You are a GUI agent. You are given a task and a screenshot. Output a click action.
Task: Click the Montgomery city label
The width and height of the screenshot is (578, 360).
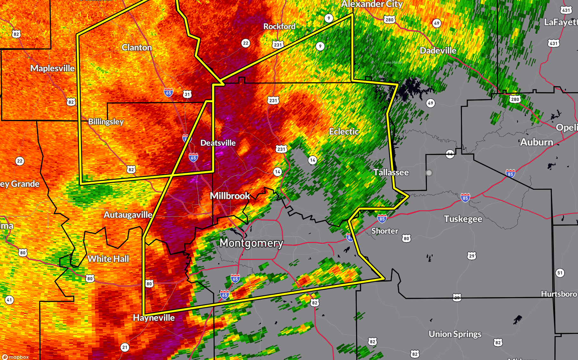[x=251, y=243]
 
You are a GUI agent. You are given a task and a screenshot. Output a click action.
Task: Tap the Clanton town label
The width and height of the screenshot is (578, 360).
[x=137, y=48]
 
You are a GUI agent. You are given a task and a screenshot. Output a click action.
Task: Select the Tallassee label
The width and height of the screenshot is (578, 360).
[x=391, y=173]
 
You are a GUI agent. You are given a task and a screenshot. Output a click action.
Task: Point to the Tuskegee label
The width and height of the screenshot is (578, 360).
[x=463, y=219]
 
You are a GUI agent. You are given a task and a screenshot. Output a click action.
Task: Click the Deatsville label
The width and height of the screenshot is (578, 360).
[x=218, y=143]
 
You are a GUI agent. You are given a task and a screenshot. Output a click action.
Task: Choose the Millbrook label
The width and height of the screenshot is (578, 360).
[x=230, y=196]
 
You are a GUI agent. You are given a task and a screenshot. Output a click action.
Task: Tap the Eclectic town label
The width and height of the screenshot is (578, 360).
[x=344, y=131]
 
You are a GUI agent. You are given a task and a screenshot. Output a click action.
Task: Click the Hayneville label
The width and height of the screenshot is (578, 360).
[x=154, y=318]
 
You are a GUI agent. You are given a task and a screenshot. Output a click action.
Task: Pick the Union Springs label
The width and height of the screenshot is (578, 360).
[x=455, y=334]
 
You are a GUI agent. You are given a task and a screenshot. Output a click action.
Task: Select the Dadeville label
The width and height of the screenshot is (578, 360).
[x=438, y=50]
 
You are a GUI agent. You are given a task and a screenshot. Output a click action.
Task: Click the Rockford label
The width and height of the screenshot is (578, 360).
[x=279, y=26]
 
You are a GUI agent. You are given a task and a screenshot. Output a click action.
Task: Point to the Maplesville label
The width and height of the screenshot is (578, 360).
[x=53, y=68]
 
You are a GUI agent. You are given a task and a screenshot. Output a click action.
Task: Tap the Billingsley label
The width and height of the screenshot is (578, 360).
[x=106, y=121]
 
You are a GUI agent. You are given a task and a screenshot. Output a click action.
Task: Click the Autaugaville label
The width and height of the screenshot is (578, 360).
[x=128, y=215]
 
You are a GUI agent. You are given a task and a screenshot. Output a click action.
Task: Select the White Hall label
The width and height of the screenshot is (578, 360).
[x=108, y=259]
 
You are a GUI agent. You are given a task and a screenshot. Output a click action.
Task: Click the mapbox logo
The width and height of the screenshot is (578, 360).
[x=16, y=357]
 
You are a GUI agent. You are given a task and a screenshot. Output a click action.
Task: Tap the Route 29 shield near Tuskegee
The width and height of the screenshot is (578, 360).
[x=472, y=256]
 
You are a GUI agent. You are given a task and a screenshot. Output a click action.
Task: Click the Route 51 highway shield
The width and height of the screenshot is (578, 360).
[x=560, y=273]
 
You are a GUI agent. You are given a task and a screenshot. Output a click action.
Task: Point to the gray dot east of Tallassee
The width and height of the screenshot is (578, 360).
[x=429, y=173]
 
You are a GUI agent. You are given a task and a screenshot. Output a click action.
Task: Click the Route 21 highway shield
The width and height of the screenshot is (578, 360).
[x=125, y=347]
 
